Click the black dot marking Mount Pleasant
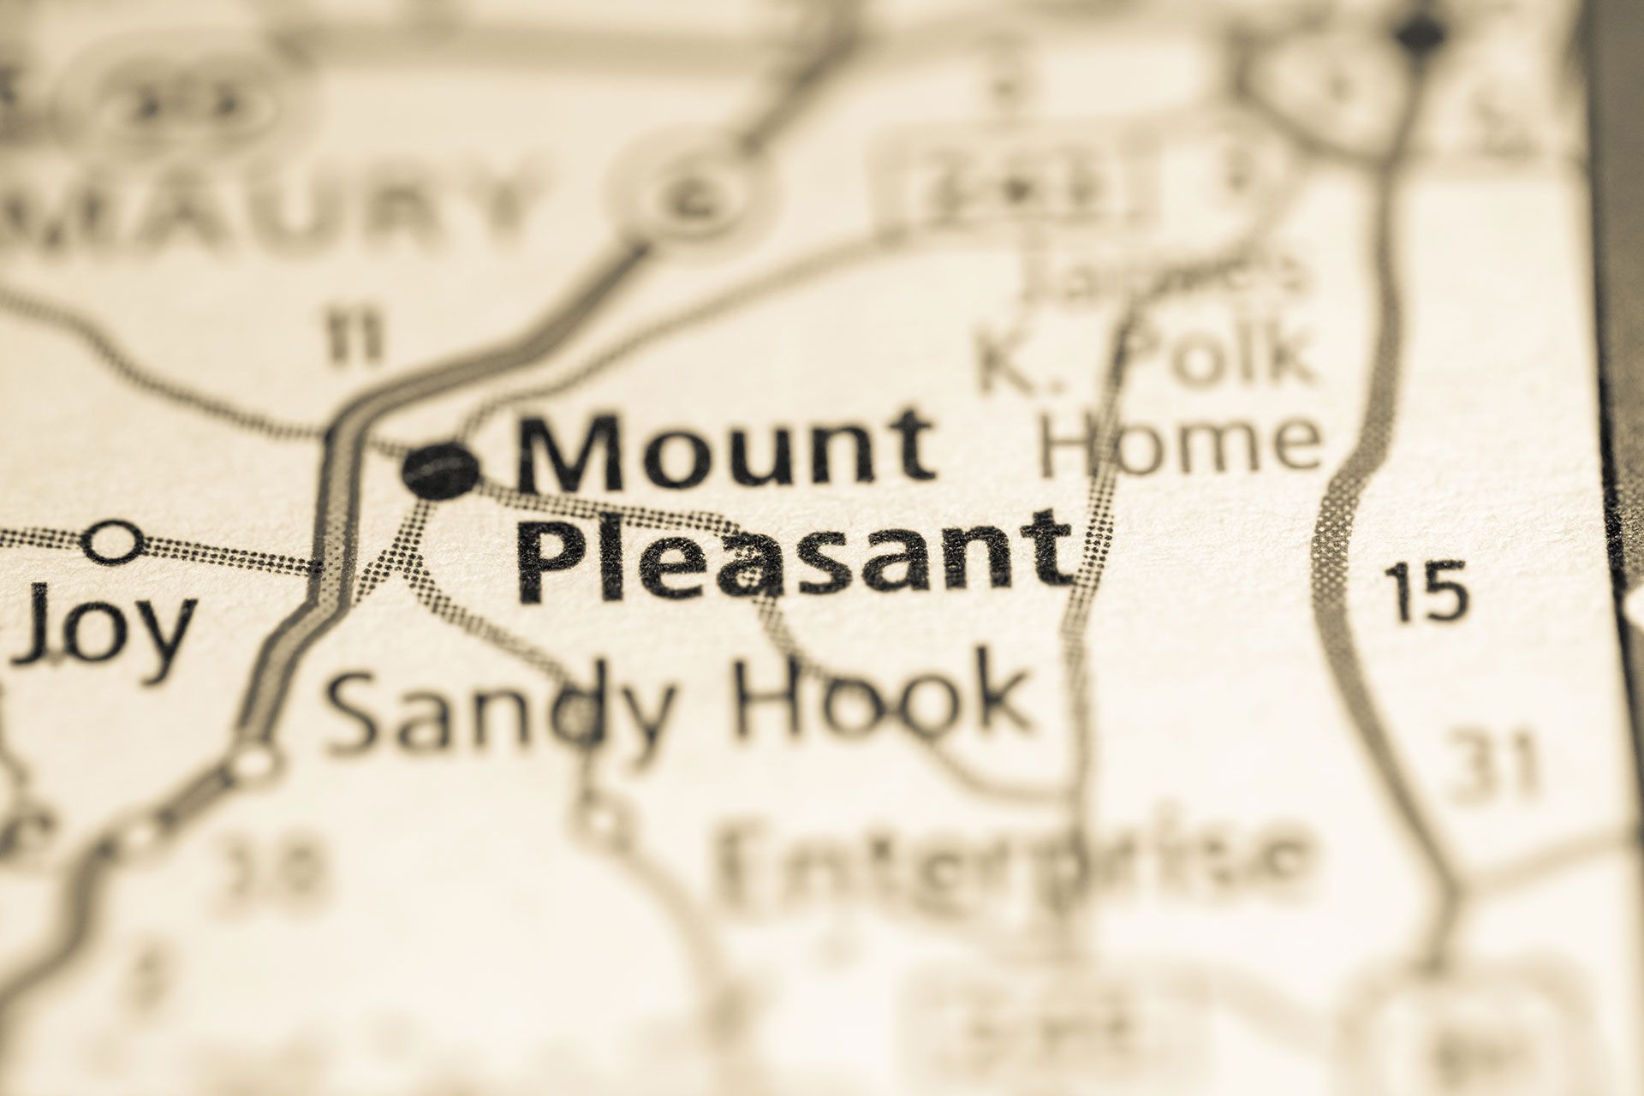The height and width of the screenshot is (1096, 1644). click(x=442, y=469)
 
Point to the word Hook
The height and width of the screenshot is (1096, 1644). click(x=882, y=698)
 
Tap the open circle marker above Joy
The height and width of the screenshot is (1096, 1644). click(x=113, y=542)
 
